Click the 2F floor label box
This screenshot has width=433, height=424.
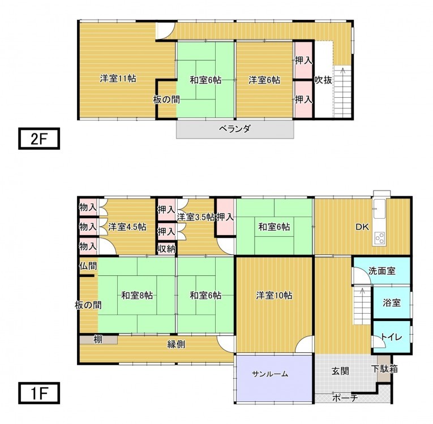(39, 139)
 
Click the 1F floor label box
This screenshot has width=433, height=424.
(39, 393)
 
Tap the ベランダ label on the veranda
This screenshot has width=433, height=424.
(235, 129)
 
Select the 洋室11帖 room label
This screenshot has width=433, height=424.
(118, 79)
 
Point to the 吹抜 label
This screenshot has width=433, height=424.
(323, 80)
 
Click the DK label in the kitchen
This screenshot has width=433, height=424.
(362, 227)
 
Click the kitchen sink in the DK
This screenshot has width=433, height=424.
(379, 208)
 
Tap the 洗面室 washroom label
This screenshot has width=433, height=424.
(382, 271)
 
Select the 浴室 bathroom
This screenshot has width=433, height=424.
(392, 303)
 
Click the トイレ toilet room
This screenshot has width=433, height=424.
(392, 337)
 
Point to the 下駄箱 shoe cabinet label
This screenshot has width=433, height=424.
(384, 369)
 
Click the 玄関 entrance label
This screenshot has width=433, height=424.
(341, 371)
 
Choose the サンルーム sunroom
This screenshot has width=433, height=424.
(274, 378)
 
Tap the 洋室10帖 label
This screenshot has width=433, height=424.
(274, 296)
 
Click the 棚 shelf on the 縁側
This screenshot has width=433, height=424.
(98, 340)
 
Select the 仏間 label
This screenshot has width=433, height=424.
(88, 266)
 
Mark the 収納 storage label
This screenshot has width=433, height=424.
(166, 249)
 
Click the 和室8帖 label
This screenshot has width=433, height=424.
(137, 296)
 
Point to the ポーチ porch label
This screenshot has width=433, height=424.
(345, 398)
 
